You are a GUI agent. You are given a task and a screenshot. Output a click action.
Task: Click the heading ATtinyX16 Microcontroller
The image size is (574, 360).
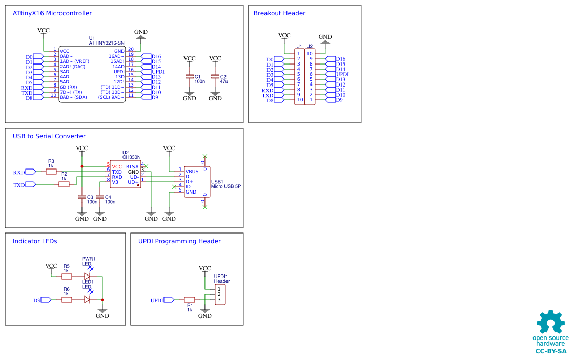pos(52,13)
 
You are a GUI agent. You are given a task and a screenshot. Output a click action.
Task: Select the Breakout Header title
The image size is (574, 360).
pos(279,13)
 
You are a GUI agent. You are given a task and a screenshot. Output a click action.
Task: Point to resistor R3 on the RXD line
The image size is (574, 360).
pos(51,172)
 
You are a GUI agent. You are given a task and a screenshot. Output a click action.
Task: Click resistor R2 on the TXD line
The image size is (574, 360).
pos(64,184)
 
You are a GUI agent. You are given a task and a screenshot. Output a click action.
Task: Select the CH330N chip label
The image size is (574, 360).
pos(131,157)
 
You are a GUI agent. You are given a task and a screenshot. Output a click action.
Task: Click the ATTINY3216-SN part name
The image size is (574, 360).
pos(107,43)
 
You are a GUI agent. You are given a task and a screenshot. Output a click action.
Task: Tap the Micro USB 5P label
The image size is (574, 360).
pos(225,187)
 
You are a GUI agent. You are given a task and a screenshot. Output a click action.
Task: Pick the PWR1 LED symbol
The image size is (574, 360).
pos(87,277)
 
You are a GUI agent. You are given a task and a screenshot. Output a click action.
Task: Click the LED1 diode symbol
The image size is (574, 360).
pos(87,300)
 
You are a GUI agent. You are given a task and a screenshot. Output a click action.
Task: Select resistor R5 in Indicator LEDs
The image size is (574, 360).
pos(66,277)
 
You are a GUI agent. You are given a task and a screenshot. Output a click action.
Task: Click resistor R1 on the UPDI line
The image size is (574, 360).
pos(189,300)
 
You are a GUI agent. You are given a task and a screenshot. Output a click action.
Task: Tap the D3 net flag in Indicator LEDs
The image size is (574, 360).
pos(45,300)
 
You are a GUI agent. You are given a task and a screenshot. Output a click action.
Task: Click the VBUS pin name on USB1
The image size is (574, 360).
pos(192,171)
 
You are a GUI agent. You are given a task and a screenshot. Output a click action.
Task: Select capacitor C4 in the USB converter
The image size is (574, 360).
pos(99,197)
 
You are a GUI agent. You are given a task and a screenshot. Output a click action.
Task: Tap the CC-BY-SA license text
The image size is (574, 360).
pos(551,351)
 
